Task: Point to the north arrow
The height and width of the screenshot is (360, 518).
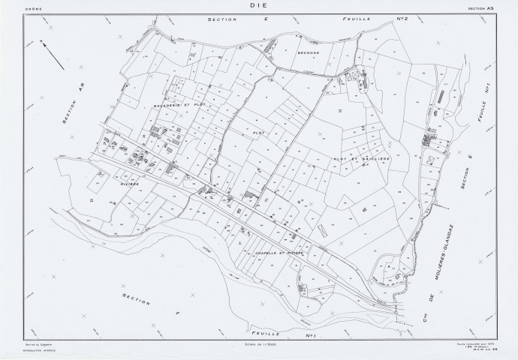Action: tap(49, 54)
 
